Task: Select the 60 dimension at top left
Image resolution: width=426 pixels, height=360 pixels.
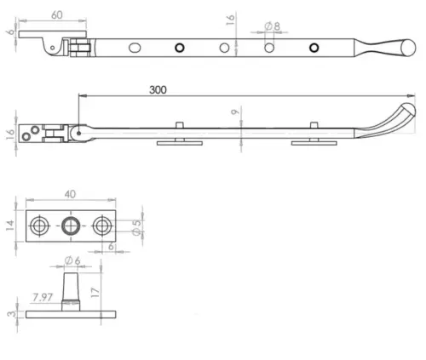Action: (x=56, y=14)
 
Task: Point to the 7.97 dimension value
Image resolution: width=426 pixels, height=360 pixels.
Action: (x=42, y=297)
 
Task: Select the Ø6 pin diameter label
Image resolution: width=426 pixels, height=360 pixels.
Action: (x=72, y=261)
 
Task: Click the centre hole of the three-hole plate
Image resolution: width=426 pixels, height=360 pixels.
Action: (x=72, y=226)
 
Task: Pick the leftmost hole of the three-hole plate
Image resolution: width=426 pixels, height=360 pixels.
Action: (x=40, y=226)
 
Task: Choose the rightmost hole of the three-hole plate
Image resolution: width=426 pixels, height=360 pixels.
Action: (x=102, y=226)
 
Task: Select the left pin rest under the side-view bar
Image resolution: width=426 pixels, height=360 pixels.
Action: (x=179, y=139)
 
